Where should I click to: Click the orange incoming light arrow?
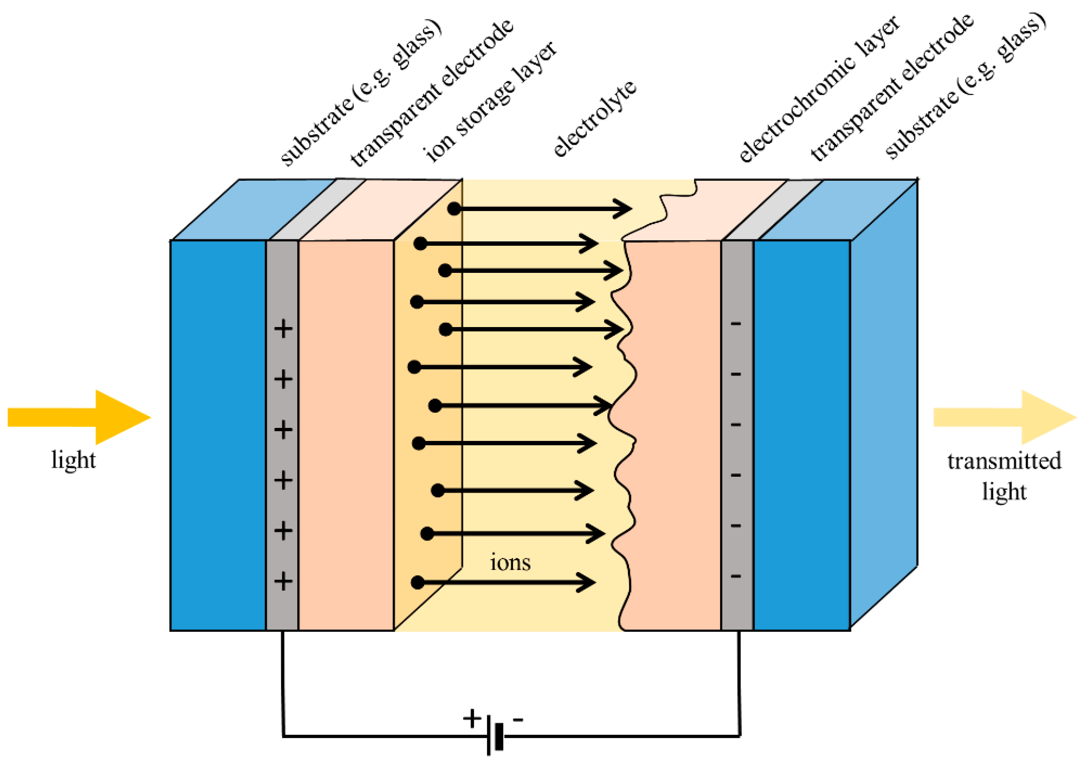click(x=81, y=417)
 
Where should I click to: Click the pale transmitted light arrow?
click(x=1004, y=417)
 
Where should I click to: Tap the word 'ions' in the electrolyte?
click(x=510, y=562)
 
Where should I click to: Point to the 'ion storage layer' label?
click(x=490, y=102)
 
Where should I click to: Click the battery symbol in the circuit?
click(x=495, y=737)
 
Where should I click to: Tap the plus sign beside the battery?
click(x=472, y=718)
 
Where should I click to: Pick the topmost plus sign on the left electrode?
click(x=283, y=329)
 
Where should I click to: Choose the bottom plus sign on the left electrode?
click(x=283, y=581)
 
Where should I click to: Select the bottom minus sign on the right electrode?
click(x=736, y=576)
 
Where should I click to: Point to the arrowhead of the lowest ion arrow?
click(x=587, y=582)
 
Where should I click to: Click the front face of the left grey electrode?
click(x=282, y=450)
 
